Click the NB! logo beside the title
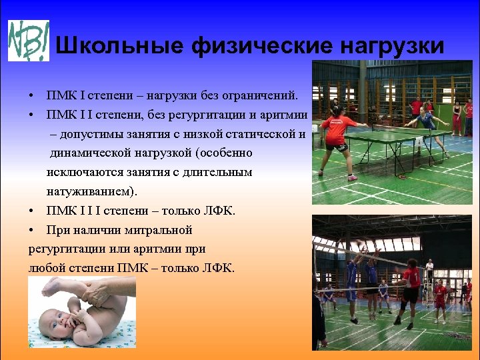coord(28,40)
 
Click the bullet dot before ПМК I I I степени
coord(32,211)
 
